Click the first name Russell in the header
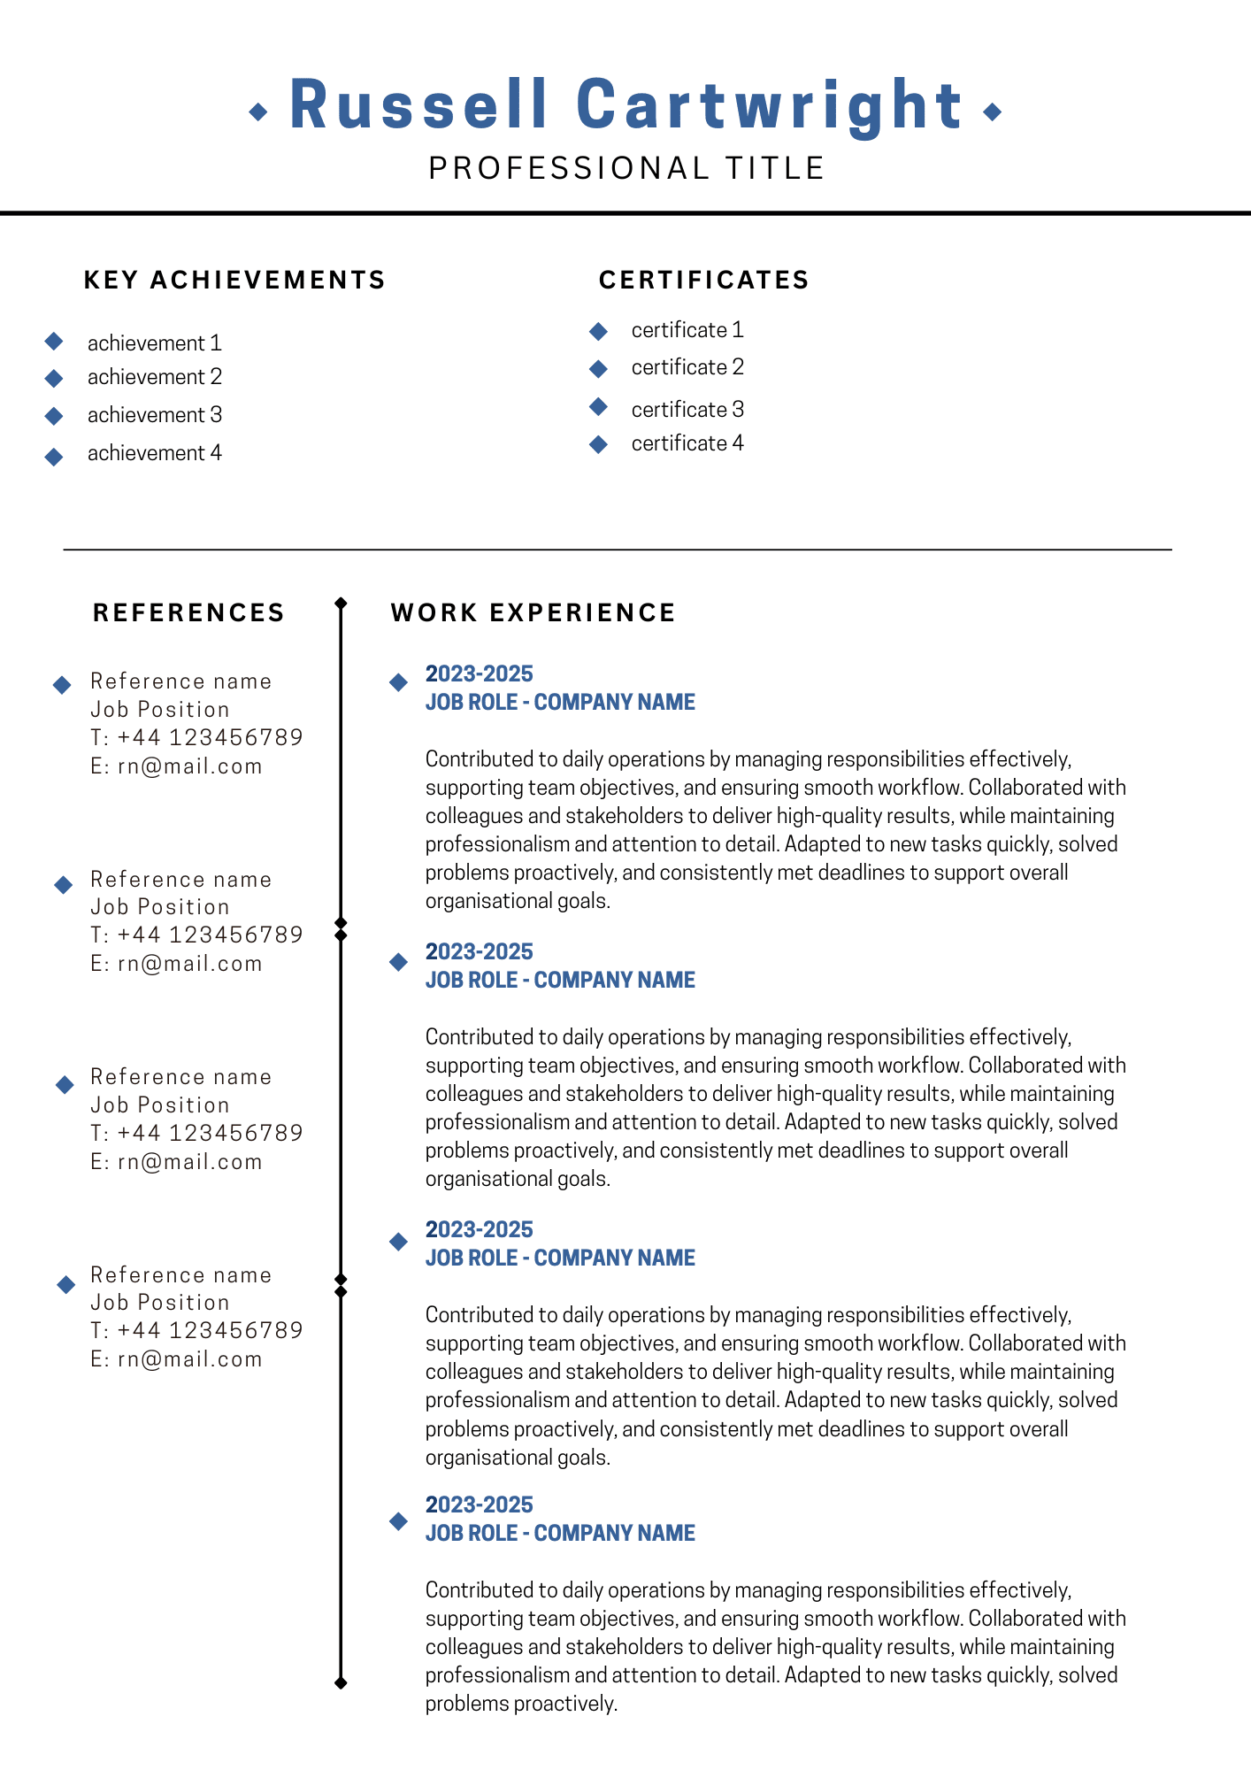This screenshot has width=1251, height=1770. coord(418,106)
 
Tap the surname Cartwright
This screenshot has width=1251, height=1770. coord(769,106)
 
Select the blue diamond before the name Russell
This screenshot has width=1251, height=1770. coord(258,112)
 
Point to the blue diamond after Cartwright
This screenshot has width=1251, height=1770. coord(993,112)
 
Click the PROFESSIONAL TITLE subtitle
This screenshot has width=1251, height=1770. coord(626,168)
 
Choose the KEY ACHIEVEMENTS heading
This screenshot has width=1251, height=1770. coord(234,280)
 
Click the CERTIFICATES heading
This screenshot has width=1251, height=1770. coord(704,280)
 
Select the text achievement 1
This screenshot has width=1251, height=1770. coord(154,343)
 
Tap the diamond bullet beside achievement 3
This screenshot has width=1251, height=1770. coord(54,415)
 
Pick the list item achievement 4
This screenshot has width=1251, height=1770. coord(154,453)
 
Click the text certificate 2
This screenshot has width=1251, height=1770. coord(687,367)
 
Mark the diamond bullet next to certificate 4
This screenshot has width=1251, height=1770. coord(599,444)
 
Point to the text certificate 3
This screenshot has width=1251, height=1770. coord(687,410)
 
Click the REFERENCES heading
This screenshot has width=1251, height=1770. coord(188,612)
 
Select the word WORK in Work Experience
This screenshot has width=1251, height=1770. coord(434,612)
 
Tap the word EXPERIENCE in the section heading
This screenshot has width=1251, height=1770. coord(582,612)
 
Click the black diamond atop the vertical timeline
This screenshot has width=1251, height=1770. coord(341,604)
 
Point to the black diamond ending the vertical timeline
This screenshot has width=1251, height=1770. coord(341,1682)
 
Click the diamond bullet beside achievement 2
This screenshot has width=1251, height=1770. coord(54,379)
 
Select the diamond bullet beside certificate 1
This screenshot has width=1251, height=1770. coord(599,331)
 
